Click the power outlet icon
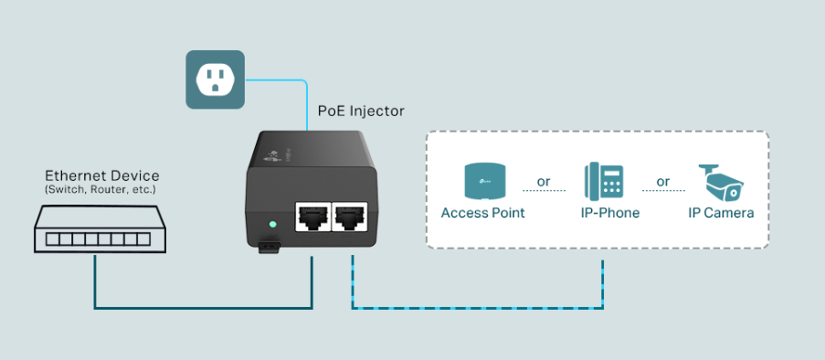[x=215, y=79]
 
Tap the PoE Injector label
[x=361, y=111]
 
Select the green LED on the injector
[x=272, y=223]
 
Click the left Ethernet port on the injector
[x=313, y=216]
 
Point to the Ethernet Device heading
[x=102, y=176]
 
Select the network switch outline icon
[x=100, y=229]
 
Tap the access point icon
[x=485, y=182]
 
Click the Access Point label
[x=483, y=213]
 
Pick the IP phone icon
[x=604, y=182]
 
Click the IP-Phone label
[x=610, y=213]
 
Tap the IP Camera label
[x=721, y=213]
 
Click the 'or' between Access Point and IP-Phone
[x=544, y=181]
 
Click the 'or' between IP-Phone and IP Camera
[x=663, y=181]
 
